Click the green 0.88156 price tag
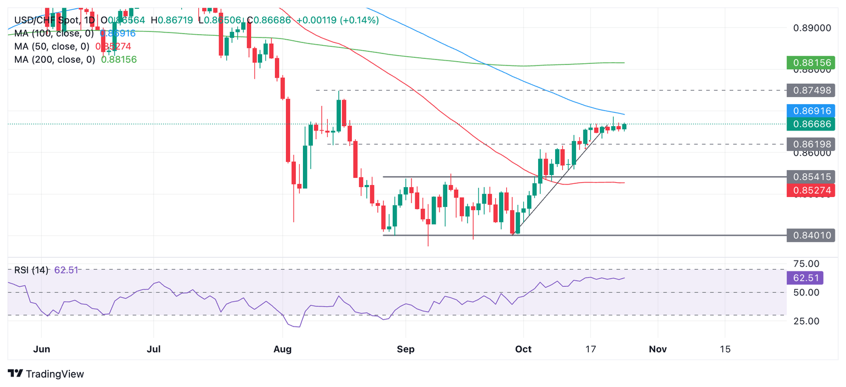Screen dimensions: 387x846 click(811, 62)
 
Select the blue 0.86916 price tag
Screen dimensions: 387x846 click(811, 110)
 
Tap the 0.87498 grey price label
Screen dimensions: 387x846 click(811, 90)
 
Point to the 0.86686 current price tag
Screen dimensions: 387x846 click(811, 124)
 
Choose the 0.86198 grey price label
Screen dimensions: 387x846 click(811, 144)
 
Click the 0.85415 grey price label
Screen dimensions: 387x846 click(811, 177)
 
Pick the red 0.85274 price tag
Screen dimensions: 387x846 click(811, 190)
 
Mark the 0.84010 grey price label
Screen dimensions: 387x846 click(811, 236)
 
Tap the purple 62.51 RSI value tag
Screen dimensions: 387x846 click(805, 277)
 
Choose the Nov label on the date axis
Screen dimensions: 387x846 click(658, 349)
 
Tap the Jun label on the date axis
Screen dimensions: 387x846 click(41, 349)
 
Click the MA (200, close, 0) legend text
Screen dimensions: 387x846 click(55, 59)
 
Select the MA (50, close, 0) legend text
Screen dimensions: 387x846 click(52, 46)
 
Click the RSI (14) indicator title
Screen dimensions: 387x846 click(31, 270)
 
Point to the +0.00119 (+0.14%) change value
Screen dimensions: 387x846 click(338, 20)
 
